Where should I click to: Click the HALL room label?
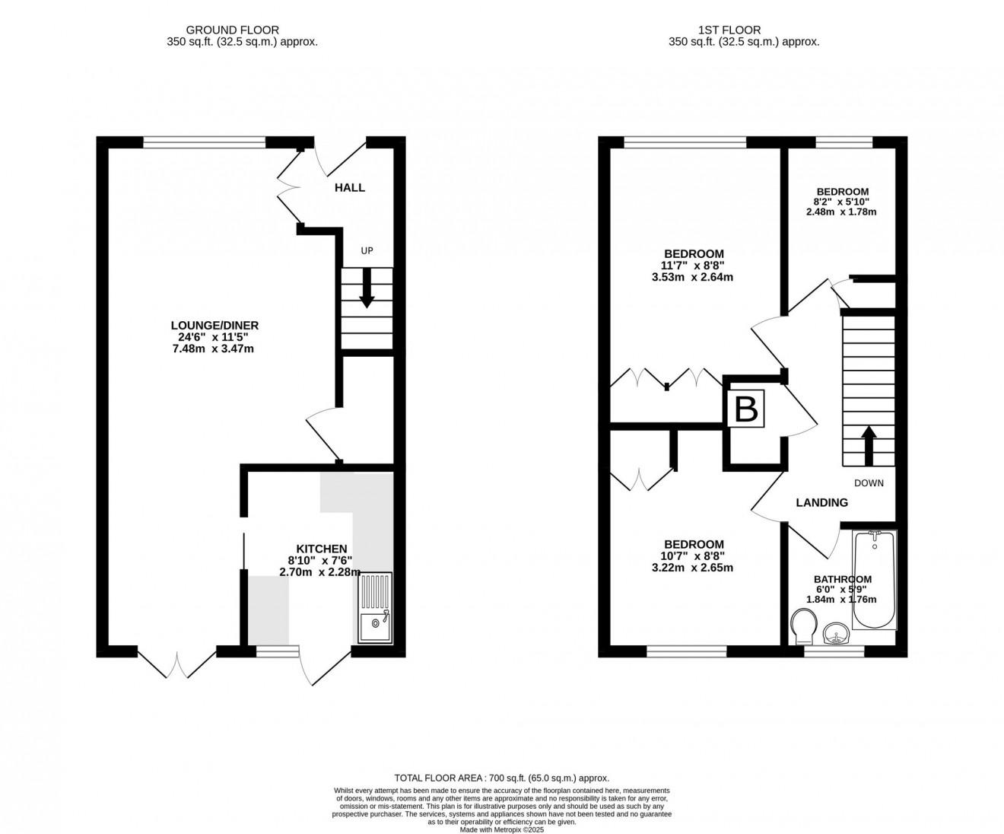click(x=350, y=187)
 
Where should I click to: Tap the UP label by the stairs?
click(x=367, y=250)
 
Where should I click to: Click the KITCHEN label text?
click(x=321, y=549)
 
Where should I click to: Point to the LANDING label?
click(x=821, y=502)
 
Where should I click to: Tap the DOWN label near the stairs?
click(x=869, y=482)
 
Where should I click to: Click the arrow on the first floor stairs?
click(x=868, y=444)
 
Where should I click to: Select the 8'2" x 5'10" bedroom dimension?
click(x=841, y=202)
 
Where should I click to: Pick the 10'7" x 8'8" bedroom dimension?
click(x=694, y=555)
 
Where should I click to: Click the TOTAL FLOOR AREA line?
click(x=502, y=778)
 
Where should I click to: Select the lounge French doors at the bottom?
click(x=177, y=662)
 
